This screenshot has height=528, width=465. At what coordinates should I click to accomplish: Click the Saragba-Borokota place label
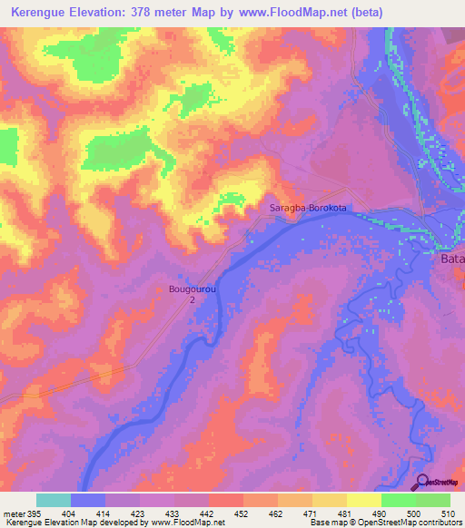click(309, 209)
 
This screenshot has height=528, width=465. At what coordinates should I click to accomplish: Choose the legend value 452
click(242, 513)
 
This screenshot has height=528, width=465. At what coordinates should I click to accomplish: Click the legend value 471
click(312, 513)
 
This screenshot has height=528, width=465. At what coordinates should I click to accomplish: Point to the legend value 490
click(381, 513)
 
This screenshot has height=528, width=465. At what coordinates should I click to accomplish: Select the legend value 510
click(450, 513)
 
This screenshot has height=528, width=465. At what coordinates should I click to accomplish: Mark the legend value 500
click(415, 513)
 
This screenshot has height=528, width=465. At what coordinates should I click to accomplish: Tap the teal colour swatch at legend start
click(53, 500)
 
